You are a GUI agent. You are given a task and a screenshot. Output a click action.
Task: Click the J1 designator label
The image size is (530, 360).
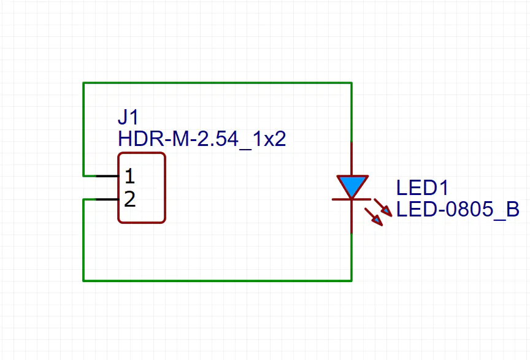[129, 117]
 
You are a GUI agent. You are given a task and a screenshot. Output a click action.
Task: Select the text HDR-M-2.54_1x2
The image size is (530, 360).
[202, 139]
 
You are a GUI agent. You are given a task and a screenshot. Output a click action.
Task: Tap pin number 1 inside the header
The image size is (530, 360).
[129, 177]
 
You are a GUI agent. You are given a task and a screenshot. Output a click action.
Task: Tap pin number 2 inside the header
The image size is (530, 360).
[129, 199]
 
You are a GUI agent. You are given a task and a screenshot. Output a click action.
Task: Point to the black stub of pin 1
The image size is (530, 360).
[107, 176]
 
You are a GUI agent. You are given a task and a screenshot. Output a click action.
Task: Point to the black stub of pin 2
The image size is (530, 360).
[107, 199]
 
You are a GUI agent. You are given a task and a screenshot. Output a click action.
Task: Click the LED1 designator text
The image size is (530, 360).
[422, 188]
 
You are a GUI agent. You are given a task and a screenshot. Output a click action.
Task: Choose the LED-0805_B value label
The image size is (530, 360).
[458, 210]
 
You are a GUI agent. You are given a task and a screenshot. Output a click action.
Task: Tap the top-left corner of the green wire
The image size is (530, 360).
[83, 82]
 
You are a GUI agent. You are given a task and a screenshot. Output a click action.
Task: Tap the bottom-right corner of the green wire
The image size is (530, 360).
[351, 281]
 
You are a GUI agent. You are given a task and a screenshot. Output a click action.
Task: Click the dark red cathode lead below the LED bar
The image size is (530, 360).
[351, 217]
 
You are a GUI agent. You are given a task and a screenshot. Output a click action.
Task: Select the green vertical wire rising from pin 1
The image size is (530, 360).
[83, 129]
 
